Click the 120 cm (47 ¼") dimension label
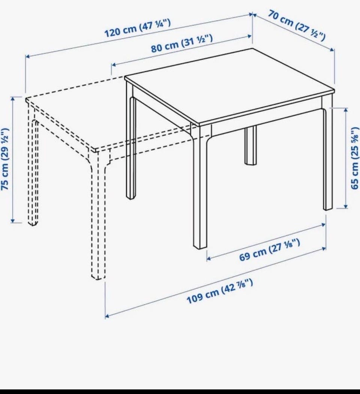[138, 28]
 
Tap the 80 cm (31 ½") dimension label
[182, 43]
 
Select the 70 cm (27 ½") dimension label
[296, 25]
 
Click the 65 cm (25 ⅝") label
[355, 158]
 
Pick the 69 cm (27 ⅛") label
[269, 250]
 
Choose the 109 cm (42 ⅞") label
[220, 291]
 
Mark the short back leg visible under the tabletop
[251, 145]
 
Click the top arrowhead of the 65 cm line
[346, 110]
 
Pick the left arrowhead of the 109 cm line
[107, 316]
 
